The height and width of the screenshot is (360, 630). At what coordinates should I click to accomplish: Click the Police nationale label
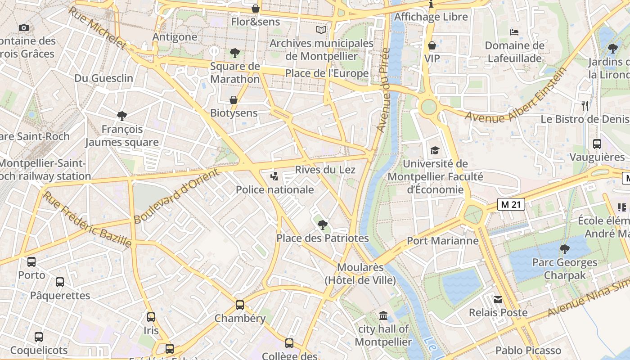pyautogui.click(x=274, y=189)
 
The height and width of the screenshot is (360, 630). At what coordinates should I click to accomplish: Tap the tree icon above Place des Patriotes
pyautogui.click(x=322, y=225)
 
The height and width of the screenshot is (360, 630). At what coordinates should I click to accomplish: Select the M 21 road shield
pyautogui.click(x=512, y=204)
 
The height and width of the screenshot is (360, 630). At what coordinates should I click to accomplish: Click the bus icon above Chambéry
pyautogui.click(x=240, y=305)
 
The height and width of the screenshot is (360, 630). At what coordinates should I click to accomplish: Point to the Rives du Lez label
pyautogui.click(x=325, y=170)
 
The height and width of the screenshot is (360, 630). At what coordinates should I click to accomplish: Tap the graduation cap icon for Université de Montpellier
pyautogui.click(x=435, y=150)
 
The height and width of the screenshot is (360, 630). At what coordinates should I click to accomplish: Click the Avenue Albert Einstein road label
pyautogui.click(x=516, y=95)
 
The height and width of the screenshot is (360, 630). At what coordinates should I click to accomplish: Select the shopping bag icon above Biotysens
pyautogui.click(x=234, y=100)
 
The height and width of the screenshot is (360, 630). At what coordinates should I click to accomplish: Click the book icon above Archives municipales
pyautogui.click(x=321, y=30)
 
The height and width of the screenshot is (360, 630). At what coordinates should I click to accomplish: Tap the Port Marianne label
pyautogui.click(x=443, y=240)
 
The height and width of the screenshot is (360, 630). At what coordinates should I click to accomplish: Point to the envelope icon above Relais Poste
pyautogui.click(x=498, y=299)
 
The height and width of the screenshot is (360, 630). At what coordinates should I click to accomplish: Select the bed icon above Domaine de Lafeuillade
pyautogui.click(x=514, y=32)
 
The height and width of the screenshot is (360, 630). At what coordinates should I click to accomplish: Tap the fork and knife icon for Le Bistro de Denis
pyautogui.click(x=585, y=106)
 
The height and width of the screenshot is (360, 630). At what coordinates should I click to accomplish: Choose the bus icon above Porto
pyautogui.click(x=31, y=261)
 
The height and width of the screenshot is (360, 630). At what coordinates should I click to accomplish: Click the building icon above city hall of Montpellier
pyautogui.click(x=383, y=315)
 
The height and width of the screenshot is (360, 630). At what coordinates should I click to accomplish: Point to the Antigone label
pyautogui.click(x=175, y=36)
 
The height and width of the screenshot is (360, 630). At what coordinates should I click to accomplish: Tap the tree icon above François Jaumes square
pyautogui.click(x=121, y=116)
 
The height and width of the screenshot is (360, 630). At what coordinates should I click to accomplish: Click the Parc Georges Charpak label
pyautogui.click(x=564, y=269)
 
